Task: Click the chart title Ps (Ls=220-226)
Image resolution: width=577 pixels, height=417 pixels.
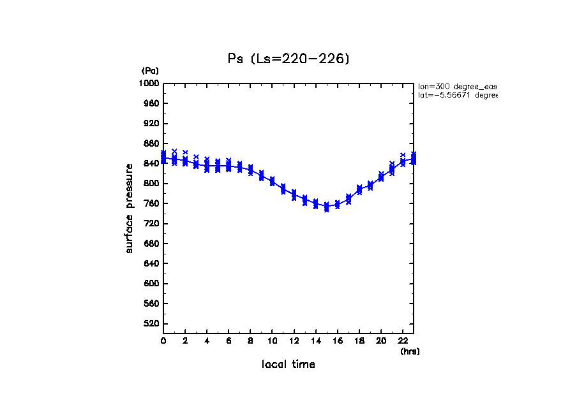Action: coord(288,59)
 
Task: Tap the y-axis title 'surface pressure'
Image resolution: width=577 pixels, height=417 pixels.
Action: coord(130,207)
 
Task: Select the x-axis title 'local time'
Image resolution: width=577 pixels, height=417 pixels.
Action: coord(288,364)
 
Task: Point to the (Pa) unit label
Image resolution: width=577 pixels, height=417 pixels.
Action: coord(150,71)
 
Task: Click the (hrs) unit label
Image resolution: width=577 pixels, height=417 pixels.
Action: coord(410,351)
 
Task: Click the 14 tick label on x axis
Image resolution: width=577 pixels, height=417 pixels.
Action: coord(315,341)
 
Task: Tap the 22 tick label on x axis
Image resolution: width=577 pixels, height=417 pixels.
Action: coord(402,341)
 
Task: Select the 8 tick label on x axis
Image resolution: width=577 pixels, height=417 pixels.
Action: coord(250,341)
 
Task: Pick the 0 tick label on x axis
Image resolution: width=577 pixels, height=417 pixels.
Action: coord(163,341)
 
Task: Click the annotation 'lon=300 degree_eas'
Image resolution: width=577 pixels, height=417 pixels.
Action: coord(457,86)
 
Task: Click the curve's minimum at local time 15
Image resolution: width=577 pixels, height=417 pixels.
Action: coord(326,207)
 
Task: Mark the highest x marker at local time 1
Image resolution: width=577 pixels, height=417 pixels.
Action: coord(174,152)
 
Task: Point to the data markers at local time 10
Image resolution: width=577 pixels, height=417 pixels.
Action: coord(273,182)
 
